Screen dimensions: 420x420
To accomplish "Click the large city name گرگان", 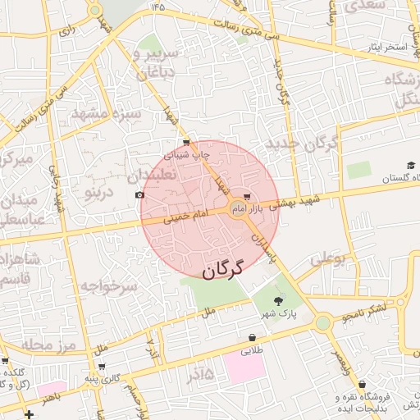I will point(223,269).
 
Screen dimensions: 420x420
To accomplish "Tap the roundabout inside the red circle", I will point(240,208).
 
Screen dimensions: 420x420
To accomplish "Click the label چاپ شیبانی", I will point(188,153).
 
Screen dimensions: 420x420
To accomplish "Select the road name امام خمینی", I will point(186,217).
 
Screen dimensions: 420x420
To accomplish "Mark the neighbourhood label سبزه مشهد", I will point(107,113).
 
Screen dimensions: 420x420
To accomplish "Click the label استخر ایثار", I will point(387,48).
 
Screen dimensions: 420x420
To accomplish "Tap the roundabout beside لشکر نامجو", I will point(323,322).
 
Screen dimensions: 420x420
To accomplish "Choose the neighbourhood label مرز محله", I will point(49,345).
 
